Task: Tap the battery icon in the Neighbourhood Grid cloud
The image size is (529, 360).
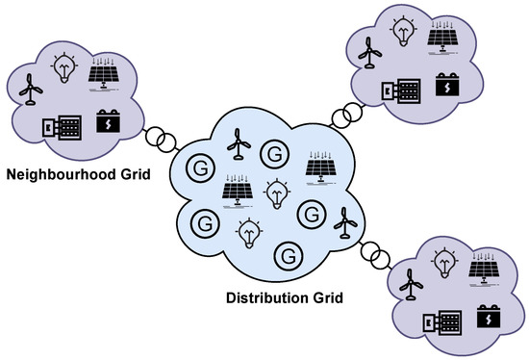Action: click(109, 123)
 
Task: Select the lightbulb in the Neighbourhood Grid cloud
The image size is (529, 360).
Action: click(65, 66)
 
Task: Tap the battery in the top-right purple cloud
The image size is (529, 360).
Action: click(448, 87)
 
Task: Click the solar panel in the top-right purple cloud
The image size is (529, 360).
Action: click(443, 38)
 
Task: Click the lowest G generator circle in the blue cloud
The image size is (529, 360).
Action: click(286, 256)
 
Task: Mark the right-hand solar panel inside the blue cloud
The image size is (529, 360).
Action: click(321, 167)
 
